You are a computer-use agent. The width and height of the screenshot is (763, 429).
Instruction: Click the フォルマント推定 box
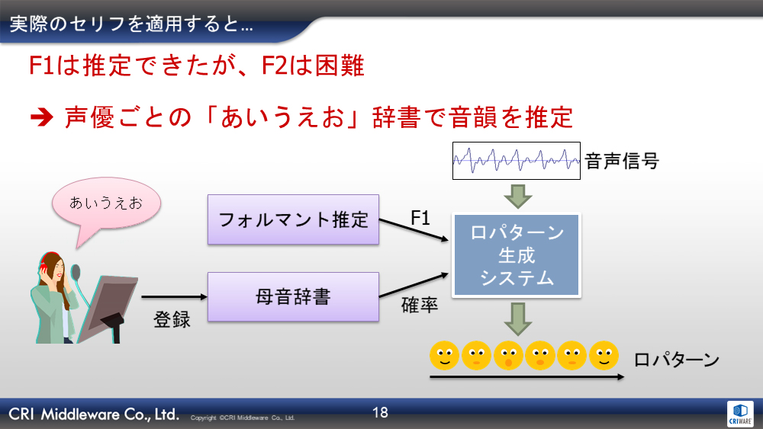[293, 219]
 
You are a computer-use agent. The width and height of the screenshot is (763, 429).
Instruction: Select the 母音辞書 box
[293, 296]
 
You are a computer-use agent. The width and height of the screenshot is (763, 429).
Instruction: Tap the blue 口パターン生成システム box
[517, 255]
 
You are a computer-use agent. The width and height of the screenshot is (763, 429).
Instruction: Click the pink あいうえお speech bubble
[105, 206]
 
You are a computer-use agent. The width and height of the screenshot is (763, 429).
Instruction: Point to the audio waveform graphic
[517, 160]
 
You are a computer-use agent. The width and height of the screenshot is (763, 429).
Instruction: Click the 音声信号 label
[622, 161]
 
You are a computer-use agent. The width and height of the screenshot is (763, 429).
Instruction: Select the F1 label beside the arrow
[420, 218]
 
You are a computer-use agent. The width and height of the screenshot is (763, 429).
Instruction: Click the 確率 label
[420, 305]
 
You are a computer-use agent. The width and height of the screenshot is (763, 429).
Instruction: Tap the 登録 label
[172, 319]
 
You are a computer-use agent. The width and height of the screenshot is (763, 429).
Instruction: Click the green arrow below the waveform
[518, 197]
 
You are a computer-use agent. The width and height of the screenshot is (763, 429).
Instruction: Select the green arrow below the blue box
[518, 319]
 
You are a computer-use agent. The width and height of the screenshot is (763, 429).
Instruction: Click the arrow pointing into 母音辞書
[174, 296]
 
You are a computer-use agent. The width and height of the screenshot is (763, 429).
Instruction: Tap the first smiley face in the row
[444, 356]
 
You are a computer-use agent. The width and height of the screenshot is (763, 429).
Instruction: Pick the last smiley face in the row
[604, 356]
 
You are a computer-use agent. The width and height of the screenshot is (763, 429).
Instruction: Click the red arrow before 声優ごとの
[42, 117]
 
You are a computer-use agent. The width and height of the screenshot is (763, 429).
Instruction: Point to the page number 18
[380, 412]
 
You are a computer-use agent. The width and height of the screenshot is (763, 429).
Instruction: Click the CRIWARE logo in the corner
[740, 414]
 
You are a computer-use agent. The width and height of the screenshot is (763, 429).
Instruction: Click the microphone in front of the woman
[76, 273]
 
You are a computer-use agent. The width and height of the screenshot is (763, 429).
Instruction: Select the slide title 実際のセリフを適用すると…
[131, 24]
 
